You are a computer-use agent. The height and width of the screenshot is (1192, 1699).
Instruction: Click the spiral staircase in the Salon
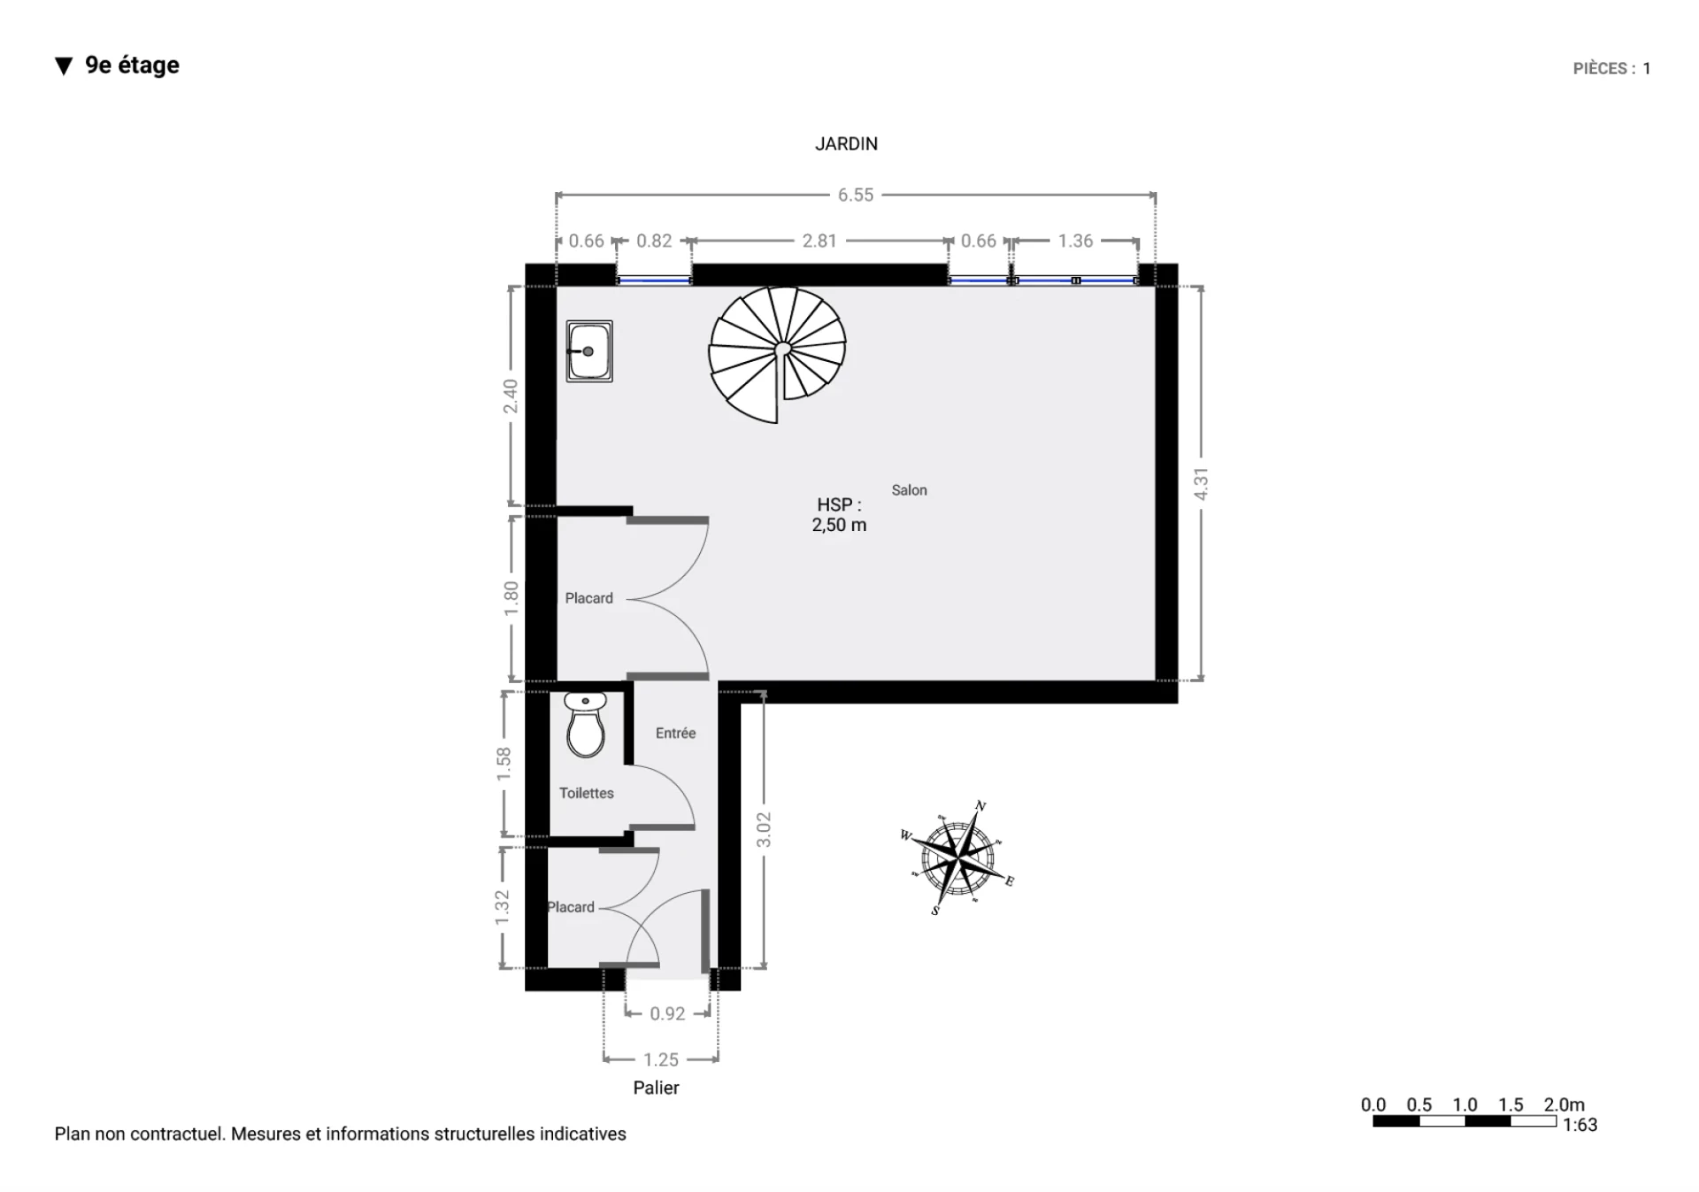pos(777,354)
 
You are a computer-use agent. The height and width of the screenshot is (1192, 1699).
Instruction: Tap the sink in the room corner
pos(589,351)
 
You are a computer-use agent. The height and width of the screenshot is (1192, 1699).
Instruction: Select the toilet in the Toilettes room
pos(586,726)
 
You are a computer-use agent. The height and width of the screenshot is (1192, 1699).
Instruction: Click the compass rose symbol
pos(957,857)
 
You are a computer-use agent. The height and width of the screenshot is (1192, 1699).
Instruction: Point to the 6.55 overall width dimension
pos(856,195)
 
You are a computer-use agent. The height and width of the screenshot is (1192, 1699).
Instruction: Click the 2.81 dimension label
pos(819,241)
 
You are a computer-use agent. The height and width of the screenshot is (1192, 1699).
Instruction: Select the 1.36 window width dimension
pos(1075,241)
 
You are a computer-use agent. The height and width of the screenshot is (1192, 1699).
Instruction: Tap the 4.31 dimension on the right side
pos(1201,484)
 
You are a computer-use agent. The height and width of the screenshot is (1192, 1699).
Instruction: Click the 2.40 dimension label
pos(511,396)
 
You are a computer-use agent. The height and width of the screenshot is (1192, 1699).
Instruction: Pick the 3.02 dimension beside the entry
pos(764,830)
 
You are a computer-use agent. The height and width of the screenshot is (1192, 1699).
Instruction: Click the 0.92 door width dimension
pos(667,1014)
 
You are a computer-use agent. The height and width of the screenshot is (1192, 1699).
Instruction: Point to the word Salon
pos(910,490)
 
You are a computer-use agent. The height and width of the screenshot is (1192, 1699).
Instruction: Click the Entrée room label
pos(676,733)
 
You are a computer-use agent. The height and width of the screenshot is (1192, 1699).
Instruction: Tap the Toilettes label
pos(587,793)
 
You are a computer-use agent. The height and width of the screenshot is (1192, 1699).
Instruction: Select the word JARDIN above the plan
pos(847,144)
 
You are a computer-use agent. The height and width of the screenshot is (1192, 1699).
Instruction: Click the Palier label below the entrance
pos(657,1088)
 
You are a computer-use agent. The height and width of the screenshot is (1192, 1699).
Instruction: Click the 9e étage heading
pos(133,65)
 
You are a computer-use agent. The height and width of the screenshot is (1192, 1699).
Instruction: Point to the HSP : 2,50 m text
pos(839,514)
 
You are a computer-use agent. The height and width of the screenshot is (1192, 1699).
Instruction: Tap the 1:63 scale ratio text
pos(1580,1125)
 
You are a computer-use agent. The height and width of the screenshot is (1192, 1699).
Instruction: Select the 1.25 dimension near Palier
pos(661,1059)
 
